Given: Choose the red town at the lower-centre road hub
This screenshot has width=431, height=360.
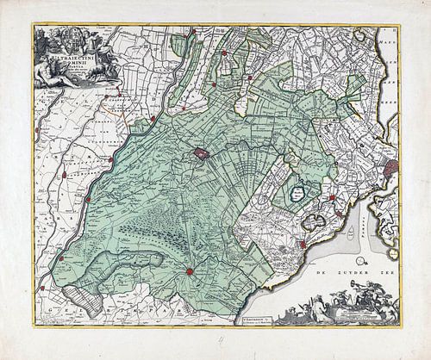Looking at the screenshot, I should (x=187, y=272).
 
